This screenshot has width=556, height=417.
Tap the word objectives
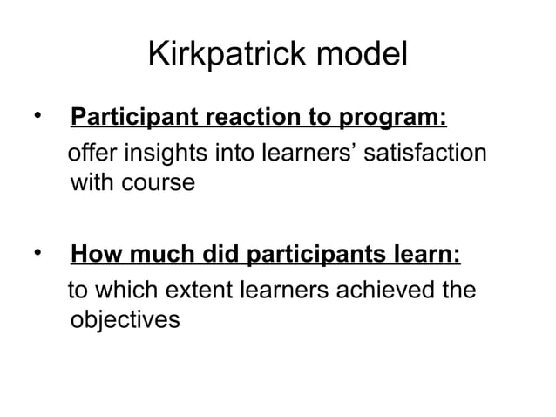click(125, 321)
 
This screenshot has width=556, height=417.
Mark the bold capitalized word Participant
click(135, 117)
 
